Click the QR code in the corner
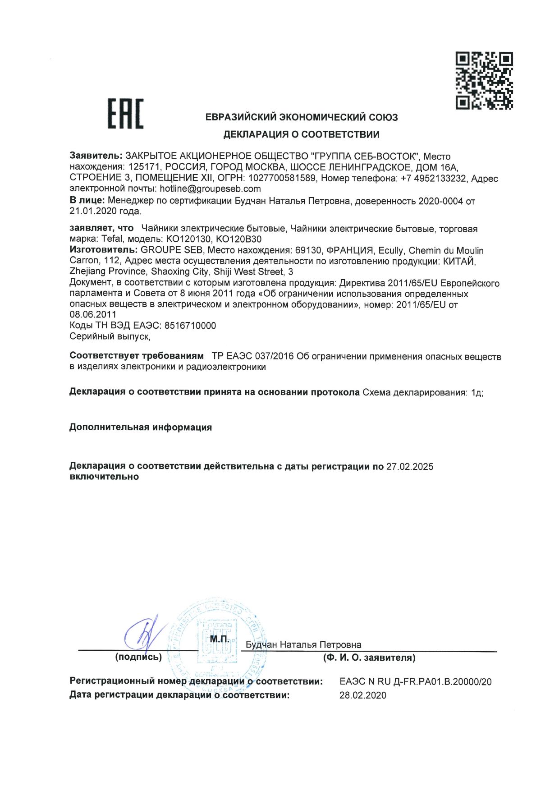click(484, 81)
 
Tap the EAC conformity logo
click(125, 114)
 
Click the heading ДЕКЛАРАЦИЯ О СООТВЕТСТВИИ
click(302, 134)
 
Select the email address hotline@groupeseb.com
click(210, 189)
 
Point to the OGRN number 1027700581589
click(282, 178)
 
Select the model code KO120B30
click(239, 239)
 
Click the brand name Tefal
click(112, 239)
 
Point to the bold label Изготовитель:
click(103, 250)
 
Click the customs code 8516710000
click(190, 326)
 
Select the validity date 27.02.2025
click(410, 467)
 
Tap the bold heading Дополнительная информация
click(141, 428)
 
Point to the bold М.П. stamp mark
click(220, 639)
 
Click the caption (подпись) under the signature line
click(138, 657)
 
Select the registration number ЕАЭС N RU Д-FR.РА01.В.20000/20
click(415, 682)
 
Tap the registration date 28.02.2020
click(362, 695)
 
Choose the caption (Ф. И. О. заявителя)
click(369, 658)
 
